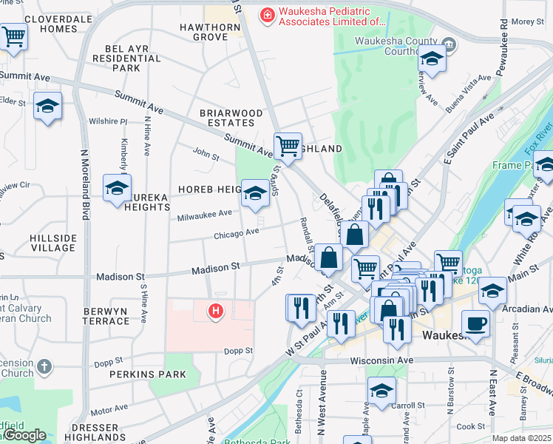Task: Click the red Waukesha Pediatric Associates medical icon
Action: [x=266, y=15]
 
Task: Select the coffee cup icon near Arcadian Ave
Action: [x=475, y=323]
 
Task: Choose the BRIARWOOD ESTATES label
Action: [x=231, y=118]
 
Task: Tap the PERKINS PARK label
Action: [x=139, y=376]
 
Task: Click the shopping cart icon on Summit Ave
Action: [x=288, y=145]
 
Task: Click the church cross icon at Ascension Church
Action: [x=44, y=366]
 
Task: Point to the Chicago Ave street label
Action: [x=236, y=232]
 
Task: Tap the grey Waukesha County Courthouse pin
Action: [x=449, y=46]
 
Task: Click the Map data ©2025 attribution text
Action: [x=521, y=438]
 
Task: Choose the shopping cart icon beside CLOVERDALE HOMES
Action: [x=14, y=36]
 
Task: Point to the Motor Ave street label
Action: [x=109, y=409]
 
